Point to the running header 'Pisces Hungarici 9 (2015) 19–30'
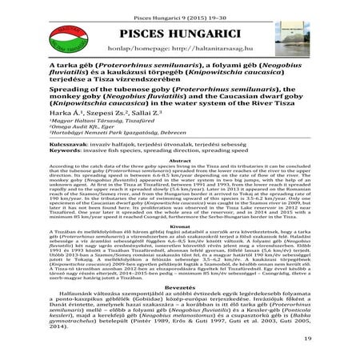coord(179,8)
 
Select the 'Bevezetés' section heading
coord(179,308)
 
